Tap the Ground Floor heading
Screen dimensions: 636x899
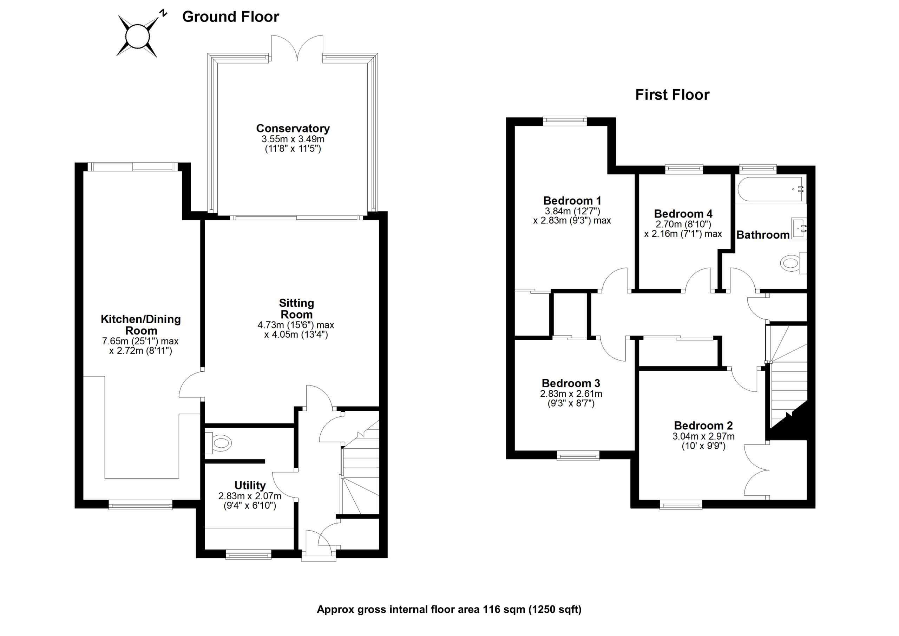[230, 17]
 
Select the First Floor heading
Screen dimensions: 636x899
[672, 95]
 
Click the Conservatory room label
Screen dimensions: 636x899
[293, 128]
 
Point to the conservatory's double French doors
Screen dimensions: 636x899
[297, 49]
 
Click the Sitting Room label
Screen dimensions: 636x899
[296, 309]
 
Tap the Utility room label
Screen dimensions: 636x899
[250, 485]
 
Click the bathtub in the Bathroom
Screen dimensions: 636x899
[770, 189]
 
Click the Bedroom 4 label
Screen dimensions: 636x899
[683, 214]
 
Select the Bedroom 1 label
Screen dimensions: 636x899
[572, 201]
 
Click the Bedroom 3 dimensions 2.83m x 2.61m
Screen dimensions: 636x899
[571, 394]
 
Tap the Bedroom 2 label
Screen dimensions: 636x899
[703, 425]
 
